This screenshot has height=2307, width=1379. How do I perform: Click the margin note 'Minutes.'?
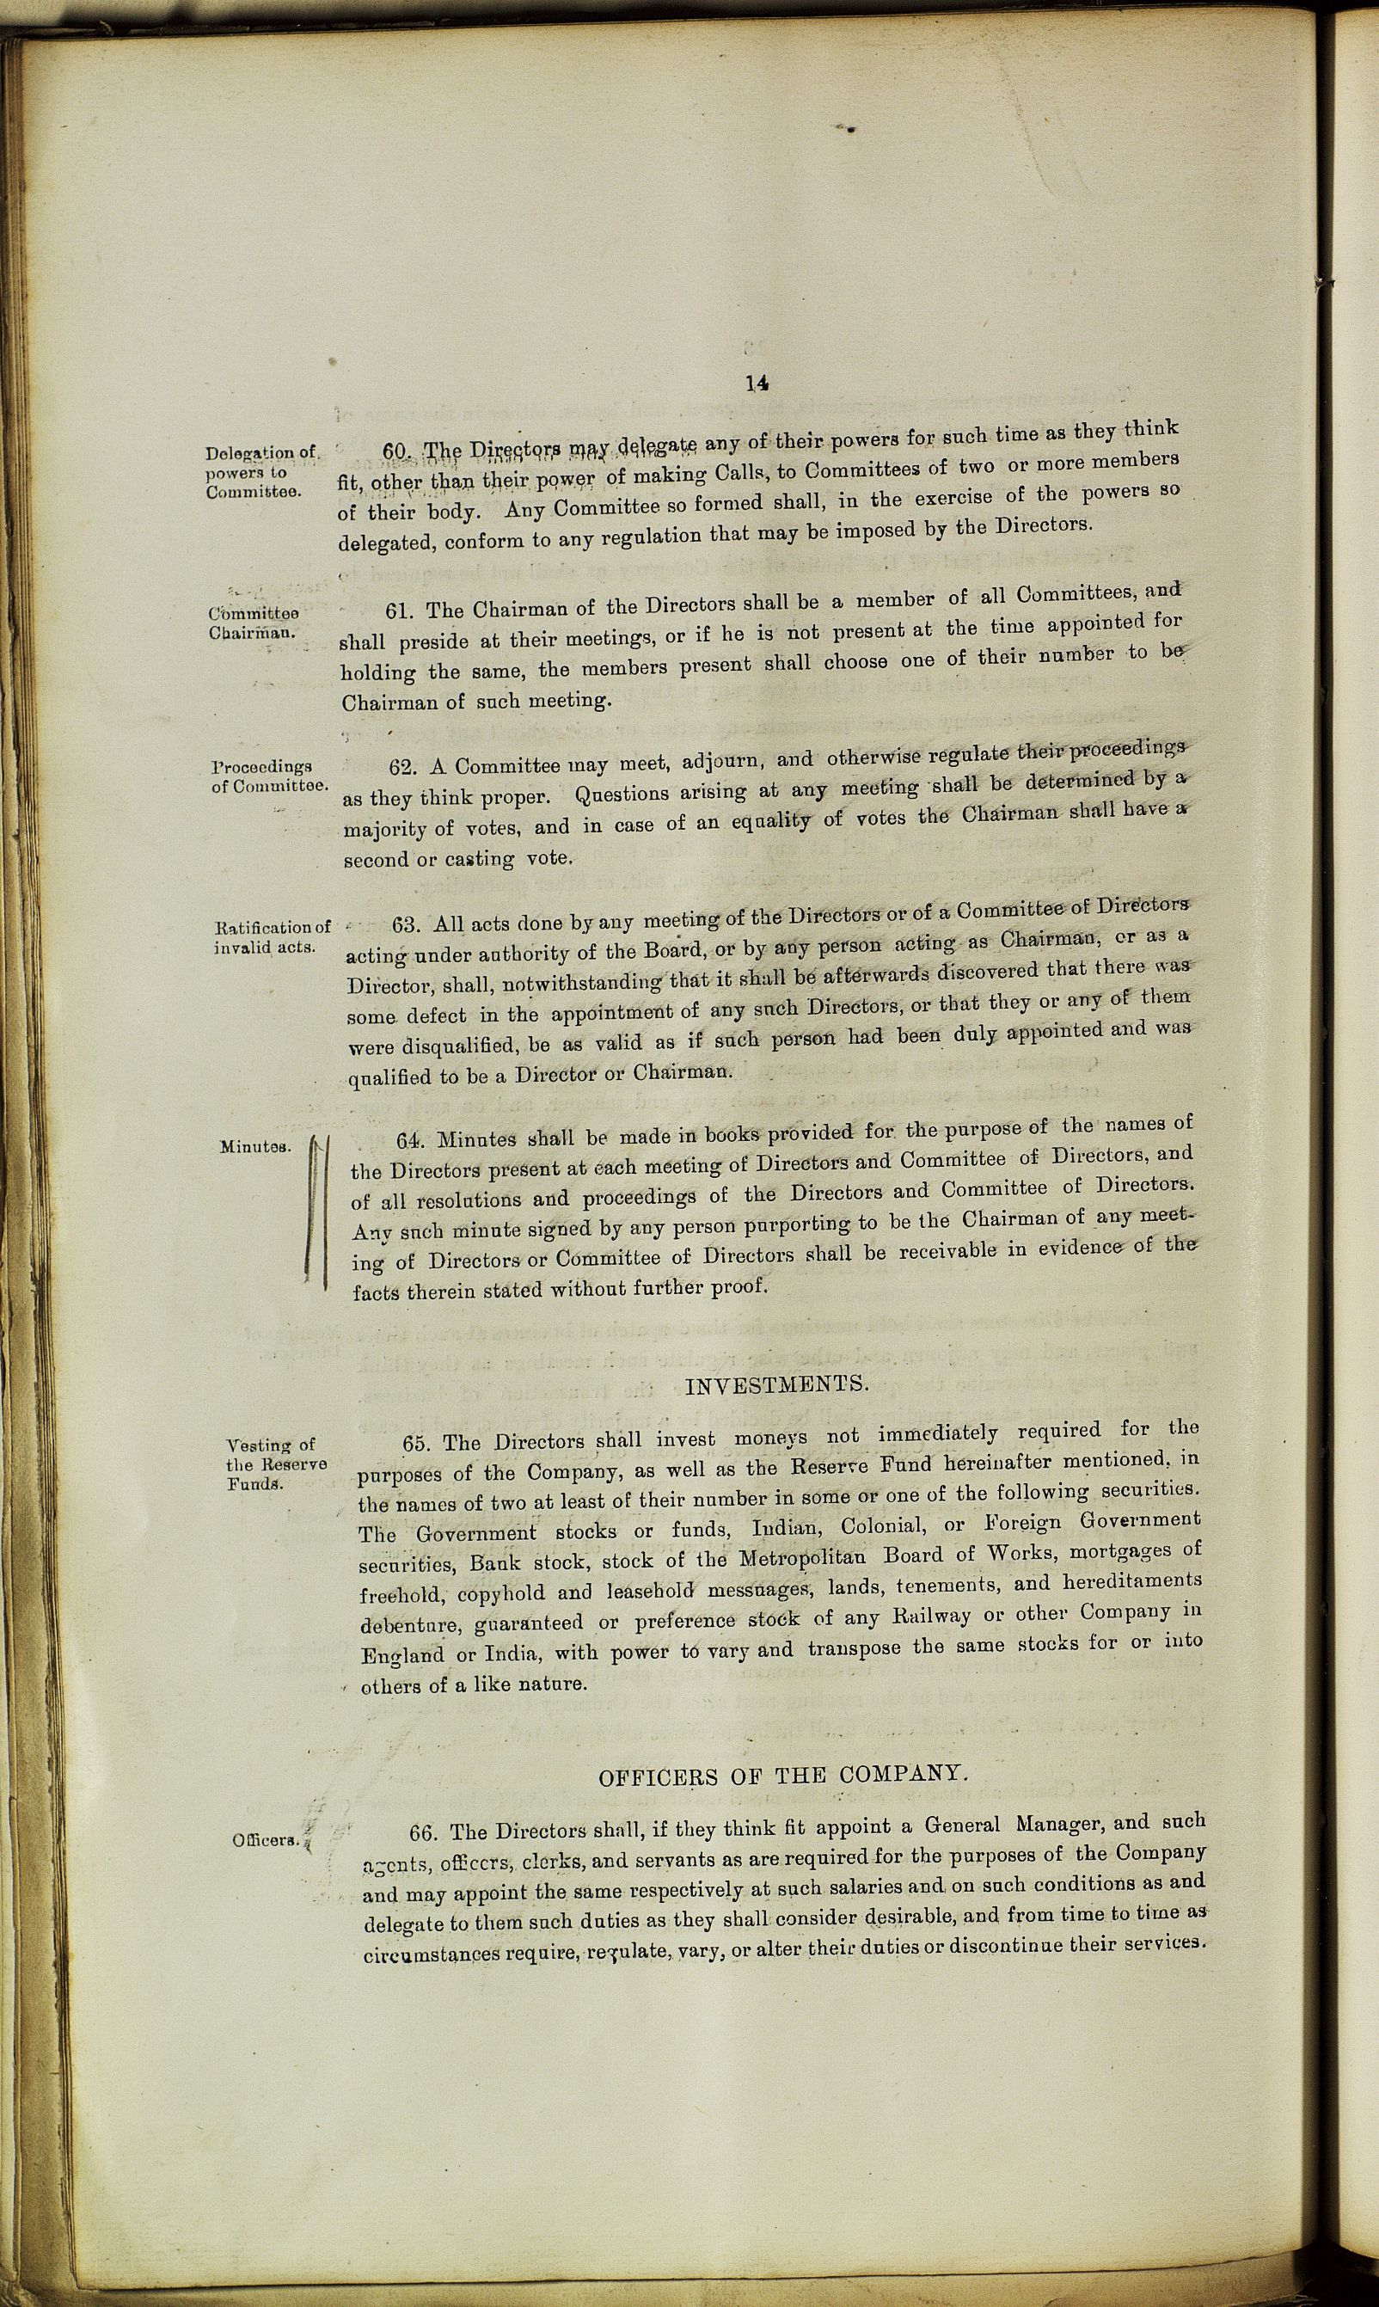point(252,1146)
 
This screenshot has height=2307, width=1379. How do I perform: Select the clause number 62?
point(402,769)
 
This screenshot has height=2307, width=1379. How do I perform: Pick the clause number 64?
point(411,1140)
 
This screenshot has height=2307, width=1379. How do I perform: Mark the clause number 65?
point(418,1444)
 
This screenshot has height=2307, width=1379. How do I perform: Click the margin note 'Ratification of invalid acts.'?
point(273,936)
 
